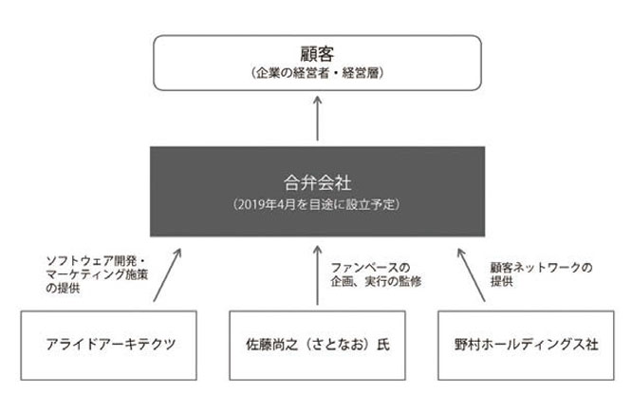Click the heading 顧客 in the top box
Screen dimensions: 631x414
click(317, 54)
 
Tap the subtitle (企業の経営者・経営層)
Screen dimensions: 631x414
click(317, 73)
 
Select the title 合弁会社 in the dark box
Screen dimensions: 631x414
click(318, 183)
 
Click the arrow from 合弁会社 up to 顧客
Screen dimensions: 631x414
click(318, 119)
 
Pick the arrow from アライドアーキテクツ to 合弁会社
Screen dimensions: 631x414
click(167, 274)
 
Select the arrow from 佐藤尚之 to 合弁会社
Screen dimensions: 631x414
click(318, 275)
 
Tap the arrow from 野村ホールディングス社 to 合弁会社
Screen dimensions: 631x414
click(472, 274)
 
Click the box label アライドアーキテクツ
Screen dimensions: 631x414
click(111, 345)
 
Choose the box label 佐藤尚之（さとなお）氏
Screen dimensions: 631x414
click(318, 345)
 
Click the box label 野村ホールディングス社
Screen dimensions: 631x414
click(527, 345)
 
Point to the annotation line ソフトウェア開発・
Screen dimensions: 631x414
click(96, 261)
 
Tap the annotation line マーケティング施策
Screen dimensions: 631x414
click(97, 274)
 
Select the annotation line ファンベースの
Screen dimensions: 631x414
click(370, 268)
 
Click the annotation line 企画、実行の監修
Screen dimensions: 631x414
click(376, 281)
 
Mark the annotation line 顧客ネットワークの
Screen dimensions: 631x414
click(541, 268)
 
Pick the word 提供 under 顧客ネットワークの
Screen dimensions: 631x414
click(501, 281)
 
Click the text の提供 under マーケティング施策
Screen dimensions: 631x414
click(63, 289)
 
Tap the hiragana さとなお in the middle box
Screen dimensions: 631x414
click(337, 345)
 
